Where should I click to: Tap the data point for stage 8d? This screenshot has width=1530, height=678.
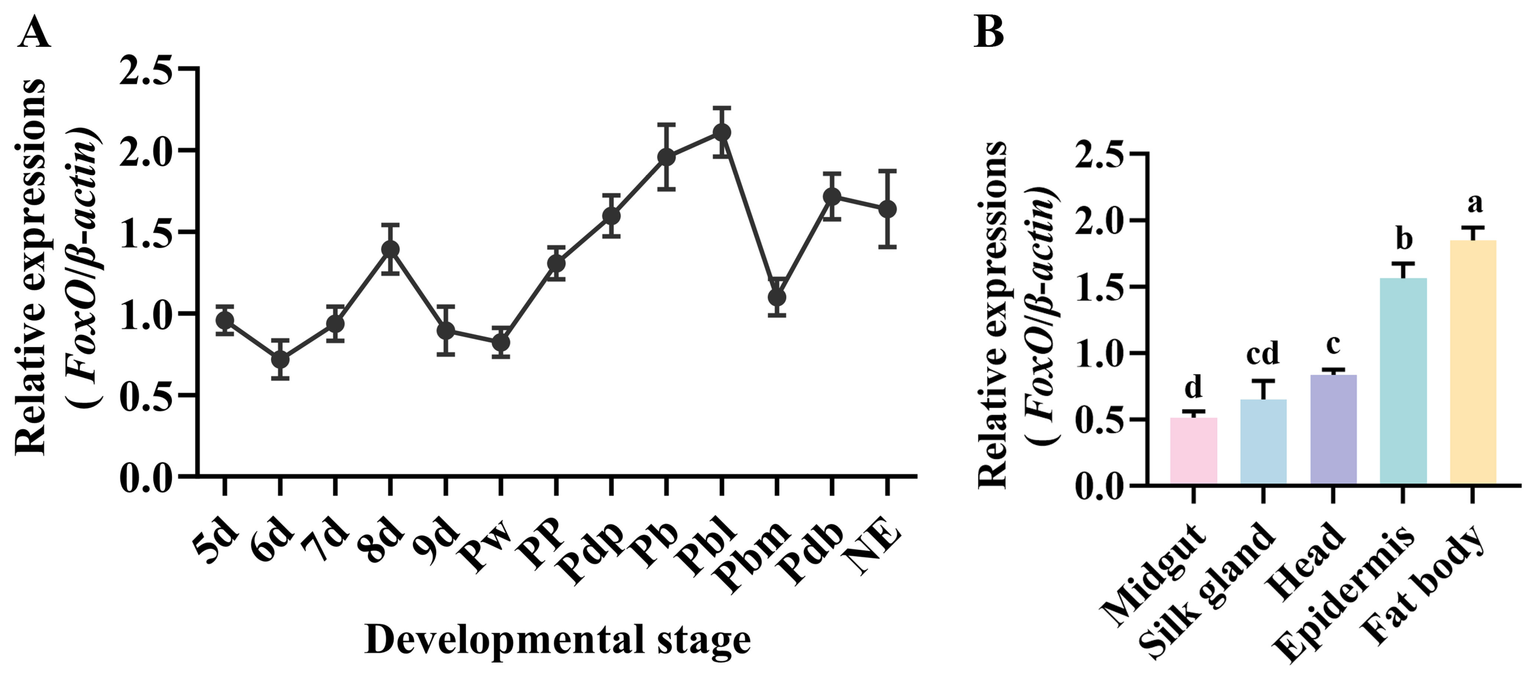pos(390,249)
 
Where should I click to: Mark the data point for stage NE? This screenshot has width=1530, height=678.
pos(887,209)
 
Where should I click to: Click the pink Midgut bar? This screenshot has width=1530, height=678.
pos(1193,452)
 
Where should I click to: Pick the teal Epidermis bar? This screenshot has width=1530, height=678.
pos(1403,381)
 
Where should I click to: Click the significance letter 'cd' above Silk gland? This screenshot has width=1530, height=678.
pos(1263,354)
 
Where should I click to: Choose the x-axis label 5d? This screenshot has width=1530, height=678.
pos(218,540)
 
